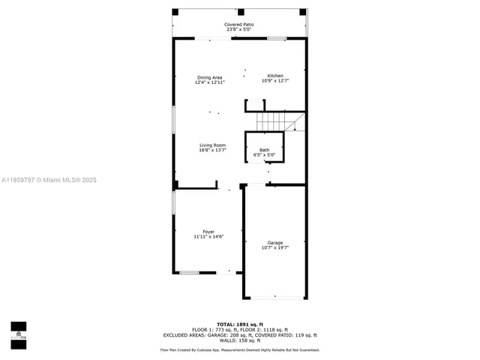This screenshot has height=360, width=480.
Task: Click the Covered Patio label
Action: pos(239,25)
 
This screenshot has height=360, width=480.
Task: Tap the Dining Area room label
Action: pos(209,77)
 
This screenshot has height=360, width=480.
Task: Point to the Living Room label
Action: pos(212,145)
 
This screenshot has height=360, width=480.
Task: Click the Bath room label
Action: pos(265,150)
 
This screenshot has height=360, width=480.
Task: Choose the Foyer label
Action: pos(208,232)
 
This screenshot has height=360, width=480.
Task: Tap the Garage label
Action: pos(275,242)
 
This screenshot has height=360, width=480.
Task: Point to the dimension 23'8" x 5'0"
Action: pos(239,30)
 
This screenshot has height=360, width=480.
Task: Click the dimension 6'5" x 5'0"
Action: pos(265,155)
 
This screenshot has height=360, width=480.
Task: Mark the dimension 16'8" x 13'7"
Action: pos(212,150)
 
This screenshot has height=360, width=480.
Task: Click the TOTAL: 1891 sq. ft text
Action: pos(239,324)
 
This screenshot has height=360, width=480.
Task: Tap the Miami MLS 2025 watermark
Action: pos(49,180)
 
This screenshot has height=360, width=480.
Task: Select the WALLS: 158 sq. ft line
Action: pos(239,340)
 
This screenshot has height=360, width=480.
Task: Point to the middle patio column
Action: pos(241,12)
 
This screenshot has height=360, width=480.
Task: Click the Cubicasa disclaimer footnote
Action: pos(239,349)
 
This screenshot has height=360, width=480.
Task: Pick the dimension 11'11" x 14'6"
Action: pos(208,237)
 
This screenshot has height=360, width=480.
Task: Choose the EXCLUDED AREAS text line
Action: pos(239,335)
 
